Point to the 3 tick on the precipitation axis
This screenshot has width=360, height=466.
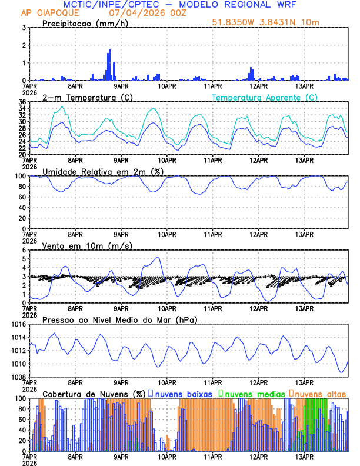tap(23, 28)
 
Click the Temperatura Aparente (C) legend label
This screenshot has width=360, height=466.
tap(265, 97)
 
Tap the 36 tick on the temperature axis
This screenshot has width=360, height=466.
tap(22, 102)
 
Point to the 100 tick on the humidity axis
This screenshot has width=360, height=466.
tap(19, 176)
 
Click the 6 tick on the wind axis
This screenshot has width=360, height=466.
tap(23, 250)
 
